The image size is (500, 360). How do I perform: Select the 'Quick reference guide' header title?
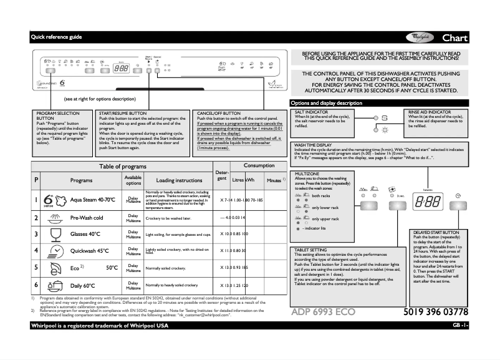tap(57, 37)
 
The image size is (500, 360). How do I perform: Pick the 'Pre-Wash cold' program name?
tap(87, 218)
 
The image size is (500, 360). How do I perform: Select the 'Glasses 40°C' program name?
tap(85, 234)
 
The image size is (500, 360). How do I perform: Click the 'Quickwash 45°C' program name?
tap(89, 251)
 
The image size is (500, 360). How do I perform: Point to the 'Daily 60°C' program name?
tap(83, 285)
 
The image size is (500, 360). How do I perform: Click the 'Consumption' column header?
tap(259, 166)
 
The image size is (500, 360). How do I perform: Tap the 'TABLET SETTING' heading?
tap(310, 250)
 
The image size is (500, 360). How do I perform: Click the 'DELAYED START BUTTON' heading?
tap(439, 233)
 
